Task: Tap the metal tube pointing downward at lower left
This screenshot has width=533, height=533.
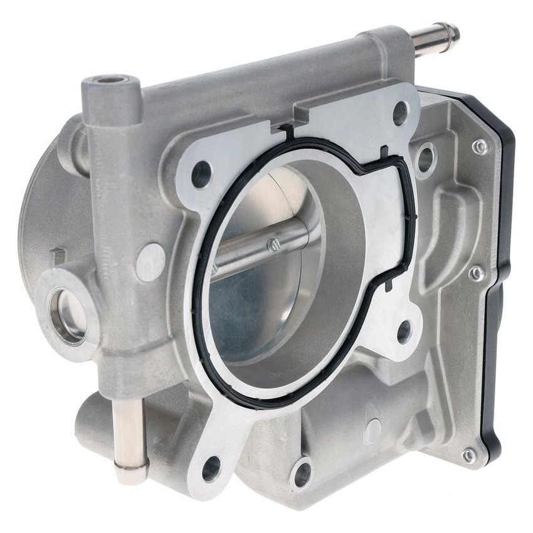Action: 130,439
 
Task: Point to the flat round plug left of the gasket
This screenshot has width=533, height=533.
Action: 150,262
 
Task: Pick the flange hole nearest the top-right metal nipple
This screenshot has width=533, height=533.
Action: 400,112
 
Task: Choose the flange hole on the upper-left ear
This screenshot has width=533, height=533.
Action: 201,174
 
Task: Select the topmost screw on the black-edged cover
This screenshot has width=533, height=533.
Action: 480,147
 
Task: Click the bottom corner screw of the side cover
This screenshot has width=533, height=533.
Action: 468,455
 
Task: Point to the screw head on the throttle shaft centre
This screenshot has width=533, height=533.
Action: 273,245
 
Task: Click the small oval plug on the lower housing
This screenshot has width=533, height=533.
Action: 372,431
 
